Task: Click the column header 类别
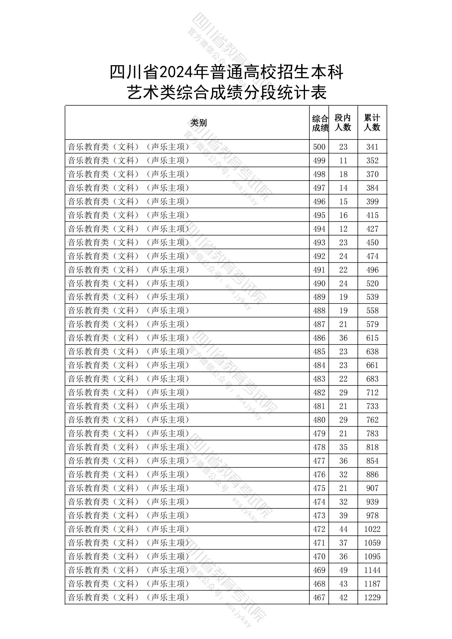(x=198, y=123)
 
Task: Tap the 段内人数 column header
(x=343, y=123)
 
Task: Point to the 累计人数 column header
(x=372, y=123)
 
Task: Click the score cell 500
(x=319, y=147)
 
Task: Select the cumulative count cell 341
(x=372, y=147)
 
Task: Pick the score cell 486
(x=319, y=338)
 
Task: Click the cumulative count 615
(x=372, y=338)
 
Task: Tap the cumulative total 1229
(x=372, y=597)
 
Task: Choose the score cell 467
(x=319, y=597)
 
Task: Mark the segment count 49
(x=343, y=570)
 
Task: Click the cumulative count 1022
(x=372, y=529)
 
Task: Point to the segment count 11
(x=343, y=161)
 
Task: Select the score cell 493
(x=319, y=243)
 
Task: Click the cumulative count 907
(x=372, y=488)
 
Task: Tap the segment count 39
(x=343, y=515)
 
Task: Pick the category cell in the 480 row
(x=128, y=420)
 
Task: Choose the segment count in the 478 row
(x=343, y=447)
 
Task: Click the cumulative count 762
(x=372, y=420)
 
